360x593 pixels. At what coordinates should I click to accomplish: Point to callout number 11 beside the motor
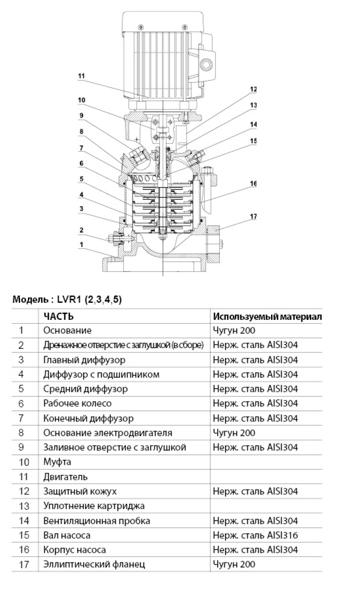(81, 77)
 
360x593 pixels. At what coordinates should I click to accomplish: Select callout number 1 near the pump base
(81, 244)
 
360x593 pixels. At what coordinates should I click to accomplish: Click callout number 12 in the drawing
(253, 89)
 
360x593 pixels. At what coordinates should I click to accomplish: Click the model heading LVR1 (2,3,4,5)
(68, 300)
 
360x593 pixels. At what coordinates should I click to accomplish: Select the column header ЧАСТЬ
(58, 317)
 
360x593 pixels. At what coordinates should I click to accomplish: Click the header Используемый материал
(267, 317)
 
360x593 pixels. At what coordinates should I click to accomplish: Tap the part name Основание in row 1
(67, 330)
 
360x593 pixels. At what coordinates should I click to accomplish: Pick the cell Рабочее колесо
(77, 404)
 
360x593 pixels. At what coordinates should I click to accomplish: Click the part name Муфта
(57, 462)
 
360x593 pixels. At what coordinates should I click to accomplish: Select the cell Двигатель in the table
(65, 477)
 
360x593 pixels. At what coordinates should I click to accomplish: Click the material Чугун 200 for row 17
(234, 564)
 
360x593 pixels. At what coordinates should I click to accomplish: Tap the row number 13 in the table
(24, 506)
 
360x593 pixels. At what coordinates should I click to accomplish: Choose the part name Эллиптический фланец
(94, 564)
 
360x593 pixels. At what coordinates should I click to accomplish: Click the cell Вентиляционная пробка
(96, 520)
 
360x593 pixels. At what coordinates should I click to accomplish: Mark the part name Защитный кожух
(80, 491)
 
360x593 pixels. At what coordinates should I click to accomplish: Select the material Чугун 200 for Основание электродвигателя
(234, 433)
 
